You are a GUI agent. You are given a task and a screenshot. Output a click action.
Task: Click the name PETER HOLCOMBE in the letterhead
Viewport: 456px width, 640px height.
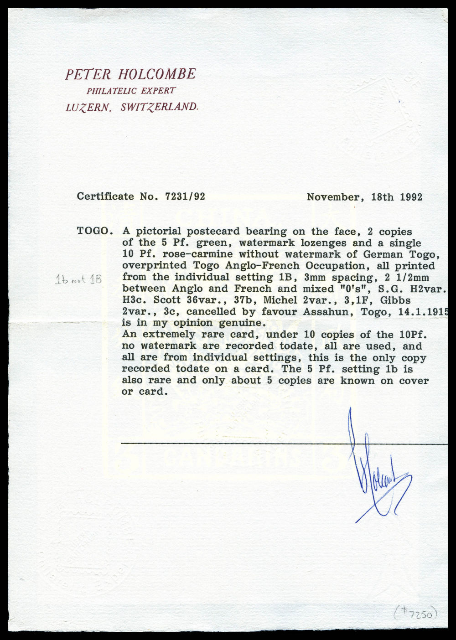coord(130,74)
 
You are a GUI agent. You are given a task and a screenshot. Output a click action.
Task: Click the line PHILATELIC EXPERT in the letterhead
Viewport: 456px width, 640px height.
coord(131,91)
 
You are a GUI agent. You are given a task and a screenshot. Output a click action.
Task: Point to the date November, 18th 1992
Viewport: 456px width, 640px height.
coord(364,197)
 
